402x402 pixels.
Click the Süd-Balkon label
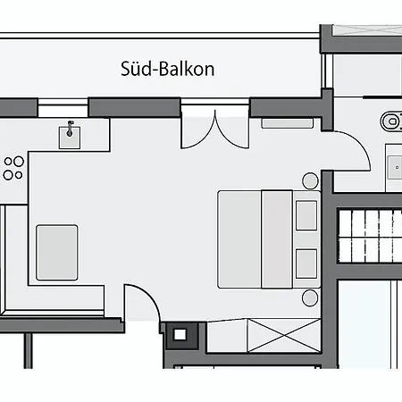167,70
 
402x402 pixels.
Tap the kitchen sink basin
70,138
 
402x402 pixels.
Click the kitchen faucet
70,129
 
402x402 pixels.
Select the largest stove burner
19,162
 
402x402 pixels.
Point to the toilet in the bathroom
391,121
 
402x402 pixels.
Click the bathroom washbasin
395,167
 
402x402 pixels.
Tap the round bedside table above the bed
310,180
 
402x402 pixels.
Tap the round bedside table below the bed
310,297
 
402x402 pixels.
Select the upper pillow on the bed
306,215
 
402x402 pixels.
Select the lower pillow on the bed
306,264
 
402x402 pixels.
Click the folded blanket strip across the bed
277,239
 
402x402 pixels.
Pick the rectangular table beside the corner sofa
57,253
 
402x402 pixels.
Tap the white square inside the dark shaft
180,335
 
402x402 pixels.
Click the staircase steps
370,236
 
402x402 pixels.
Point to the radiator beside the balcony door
288,123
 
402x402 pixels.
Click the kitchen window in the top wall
63,108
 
